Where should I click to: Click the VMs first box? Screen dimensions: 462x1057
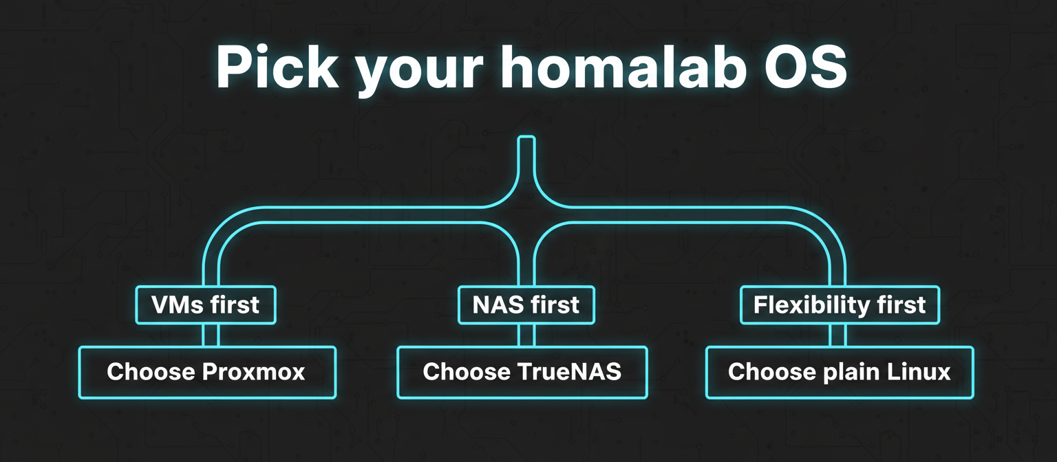point(206,305)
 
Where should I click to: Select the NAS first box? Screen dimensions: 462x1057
point(526,305)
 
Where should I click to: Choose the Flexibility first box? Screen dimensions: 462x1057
point(840,305)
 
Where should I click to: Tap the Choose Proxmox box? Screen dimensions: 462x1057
point(207,372)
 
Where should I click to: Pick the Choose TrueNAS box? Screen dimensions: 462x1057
point(522,372)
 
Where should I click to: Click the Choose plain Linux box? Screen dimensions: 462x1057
point(840,372)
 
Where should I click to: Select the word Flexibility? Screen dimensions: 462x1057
point(807,305)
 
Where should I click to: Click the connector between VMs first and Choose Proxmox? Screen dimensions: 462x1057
point(211,335)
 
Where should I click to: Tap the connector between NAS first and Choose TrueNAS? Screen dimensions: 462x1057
point(526,335)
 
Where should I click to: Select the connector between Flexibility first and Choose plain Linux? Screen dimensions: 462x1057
point(837,335)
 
